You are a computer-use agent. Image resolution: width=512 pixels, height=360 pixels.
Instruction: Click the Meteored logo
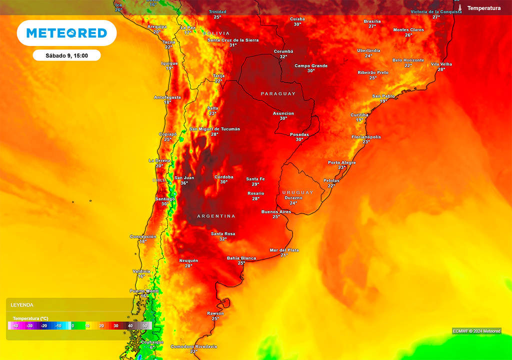click(66, 33)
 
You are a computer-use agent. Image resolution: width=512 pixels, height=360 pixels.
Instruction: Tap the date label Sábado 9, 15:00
click(66, 55)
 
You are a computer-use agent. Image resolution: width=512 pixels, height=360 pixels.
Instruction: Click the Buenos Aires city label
click(276, 211)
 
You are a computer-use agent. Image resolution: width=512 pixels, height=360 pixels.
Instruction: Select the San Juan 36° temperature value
click(184, 183)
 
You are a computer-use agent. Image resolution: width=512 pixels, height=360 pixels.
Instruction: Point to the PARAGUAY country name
click(278, 94)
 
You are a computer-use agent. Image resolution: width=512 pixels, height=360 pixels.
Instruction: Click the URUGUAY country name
click(297, 192)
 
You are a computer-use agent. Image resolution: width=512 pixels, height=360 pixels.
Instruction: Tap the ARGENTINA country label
click(216, 216)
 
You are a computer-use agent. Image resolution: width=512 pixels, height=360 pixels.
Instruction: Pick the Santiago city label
click(164, 198)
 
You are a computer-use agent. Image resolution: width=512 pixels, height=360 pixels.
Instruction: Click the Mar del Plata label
click(284, 250)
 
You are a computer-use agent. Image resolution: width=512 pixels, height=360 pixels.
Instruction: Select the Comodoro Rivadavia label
click(193, 346)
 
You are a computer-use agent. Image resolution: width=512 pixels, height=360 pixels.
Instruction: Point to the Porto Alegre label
click(341, 162)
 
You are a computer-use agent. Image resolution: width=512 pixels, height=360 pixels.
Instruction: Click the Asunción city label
click(283, 113)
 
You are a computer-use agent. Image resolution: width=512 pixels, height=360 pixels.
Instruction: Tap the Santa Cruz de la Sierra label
click(233, 39)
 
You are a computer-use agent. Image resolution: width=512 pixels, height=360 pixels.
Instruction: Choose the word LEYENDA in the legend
click(22, 304)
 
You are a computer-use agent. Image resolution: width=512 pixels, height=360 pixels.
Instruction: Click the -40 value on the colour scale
click(15, 325)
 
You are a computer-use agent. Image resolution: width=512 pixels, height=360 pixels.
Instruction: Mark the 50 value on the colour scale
click(144, 325)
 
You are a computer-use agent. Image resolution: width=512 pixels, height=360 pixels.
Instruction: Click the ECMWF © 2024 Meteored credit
click(476, 331)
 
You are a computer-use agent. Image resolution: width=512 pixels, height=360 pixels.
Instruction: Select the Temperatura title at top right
click(483, 8)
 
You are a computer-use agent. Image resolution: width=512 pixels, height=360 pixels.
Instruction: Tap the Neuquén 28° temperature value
click(188, 266)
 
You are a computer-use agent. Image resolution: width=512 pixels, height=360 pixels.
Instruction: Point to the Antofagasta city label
click(167, 97)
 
